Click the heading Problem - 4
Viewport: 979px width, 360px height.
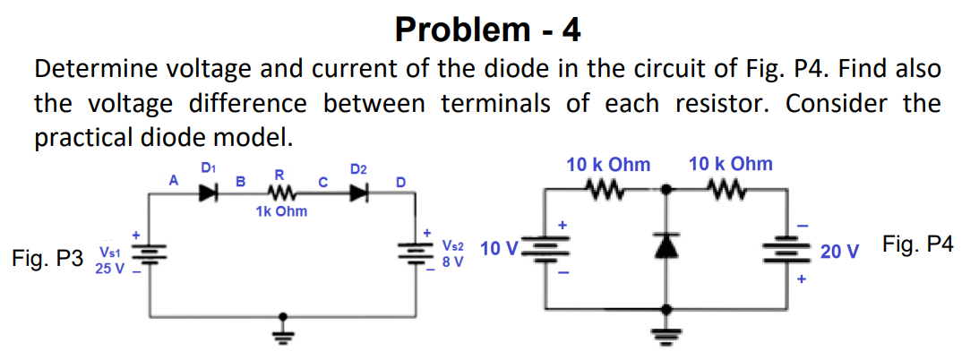point(487,30)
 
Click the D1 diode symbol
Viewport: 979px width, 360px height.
point(208,191)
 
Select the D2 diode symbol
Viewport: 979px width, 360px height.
point(360,191)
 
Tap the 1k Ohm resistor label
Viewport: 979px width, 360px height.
point(280,211)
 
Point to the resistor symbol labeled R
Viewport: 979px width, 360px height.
point(281,191)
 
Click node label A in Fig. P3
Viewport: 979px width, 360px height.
point(175,180)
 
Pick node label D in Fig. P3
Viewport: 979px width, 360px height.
point(400,183)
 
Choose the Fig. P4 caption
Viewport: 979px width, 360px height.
point(918,244)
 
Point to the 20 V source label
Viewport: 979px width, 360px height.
point(837,252)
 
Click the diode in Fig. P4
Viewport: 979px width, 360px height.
point(666,247)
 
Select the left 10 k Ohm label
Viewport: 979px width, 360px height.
point(608,165)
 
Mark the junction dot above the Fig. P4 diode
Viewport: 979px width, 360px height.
point(666,190)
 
